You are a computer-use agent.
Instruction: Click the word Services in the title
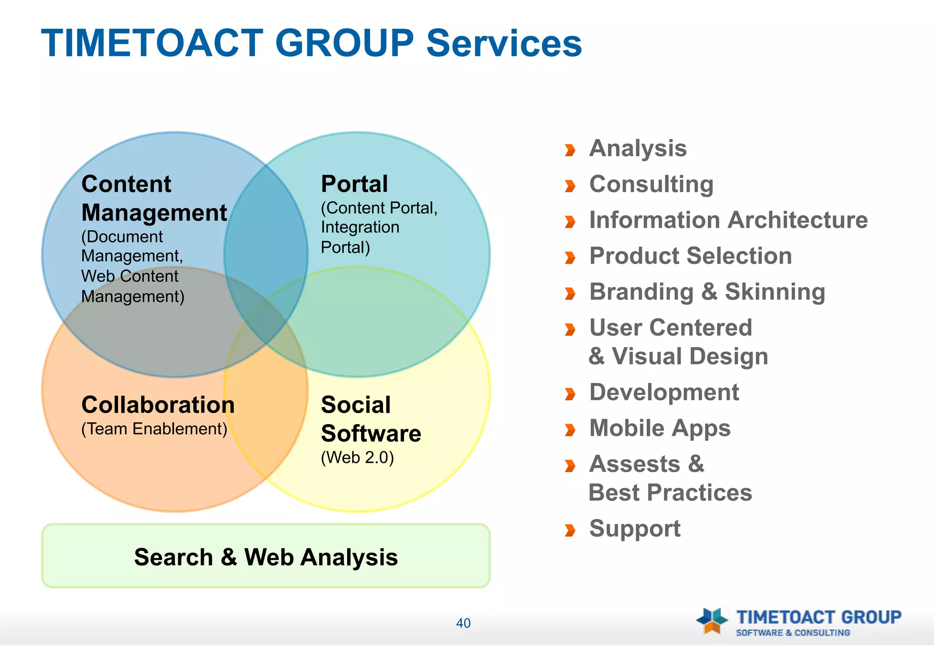[503, 43]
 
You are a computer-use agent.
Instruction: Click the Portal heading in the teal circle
[354, 184]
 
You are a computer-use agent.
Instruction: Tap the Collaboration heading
[158, 405]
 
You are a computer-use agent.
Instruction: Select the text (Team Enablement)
[154, 429]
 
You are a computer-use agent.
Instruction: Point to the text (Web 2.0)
[357, 457]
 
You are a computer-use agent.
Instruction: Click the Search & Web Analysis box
[266, 556]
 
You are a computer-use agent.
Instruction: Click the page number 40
[463, 623]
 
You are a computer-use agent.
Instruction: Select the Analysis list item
[638, 149]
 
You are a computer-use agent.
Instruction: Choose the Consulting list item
[651, 185]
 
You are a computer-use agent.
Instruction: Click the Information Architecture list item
[728, 220]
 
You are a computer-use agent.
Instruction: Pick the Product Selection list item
[690, 256]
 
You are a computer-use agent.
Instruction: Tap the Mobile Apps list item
[659, 428]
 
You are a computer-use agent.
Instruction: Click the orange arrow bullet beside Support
[570, 530]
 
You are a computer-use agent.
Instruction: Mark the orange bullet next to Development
[570, 394]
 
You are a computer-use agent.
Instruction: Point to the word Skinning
[775, 292]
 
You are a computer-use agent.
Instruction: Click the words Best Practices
[670, 492]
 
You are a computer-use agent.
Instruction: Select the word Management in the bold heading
[154, 213]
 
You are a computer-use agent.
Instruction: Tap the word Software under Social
[371, 433]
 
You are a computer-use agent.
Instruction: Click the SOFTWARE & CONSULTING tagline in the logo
[793, 633]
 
